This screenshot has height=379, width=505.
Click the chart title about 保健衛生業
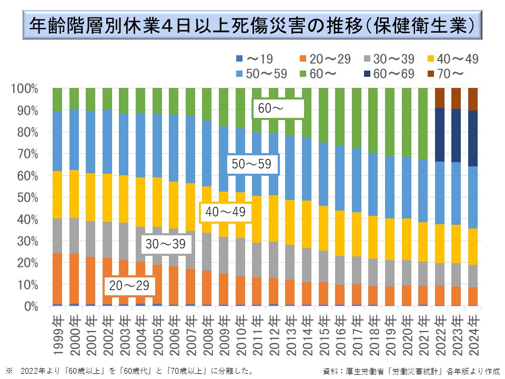[x=252, y=25]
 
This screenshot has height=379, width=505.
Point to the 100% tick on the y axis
[x=24, y=88]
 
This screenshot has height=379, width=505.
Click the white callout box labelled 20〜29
[x=130, y=286]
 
